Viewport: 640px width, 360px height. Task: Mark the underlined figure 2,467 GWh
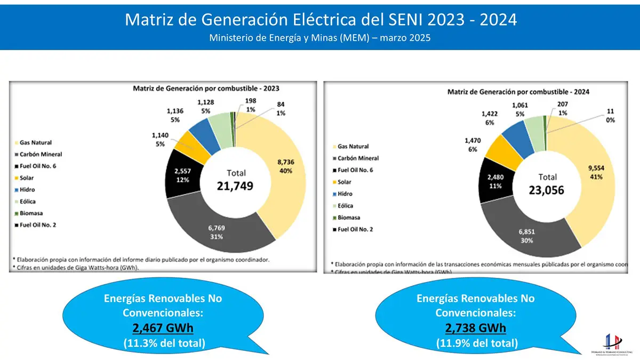pos(163,328)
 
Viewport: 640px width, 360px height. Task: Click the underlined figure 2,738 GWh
pos(476,328)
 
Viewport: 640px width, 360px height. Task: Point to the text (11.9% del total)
pos(476,343)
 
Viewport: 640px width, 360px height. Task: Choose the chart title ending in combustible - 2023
pos(206,88)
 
